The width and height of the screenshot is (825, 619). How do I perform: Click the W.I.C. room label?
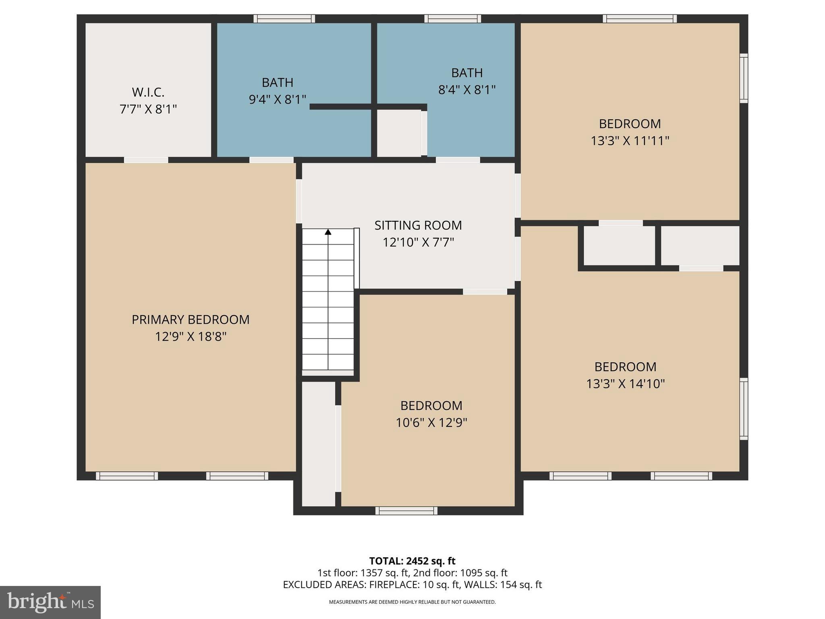click(x=148, y=92)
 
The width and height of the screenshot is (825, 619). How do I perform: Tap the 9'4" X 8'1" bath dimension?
click(x=278, y=100)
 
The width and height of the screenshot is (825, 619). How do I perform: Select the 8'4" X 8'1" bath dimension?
click(x=467, y=89)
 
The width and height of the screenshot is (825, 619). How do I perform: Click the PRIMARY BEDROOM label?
click(x=191, y=320)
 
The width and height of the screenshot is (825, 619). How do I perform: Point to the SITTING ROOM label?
click(x=418, y=225)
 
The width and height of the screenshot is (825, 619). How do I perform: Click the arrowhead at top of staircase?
click(x=328, y=232)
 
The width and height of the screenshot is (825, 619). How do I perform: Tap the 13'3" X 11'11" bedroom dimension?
click(x=630, y=141)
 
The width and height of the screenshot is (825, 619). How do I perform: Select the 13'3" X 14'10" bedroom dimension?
click(x=625, y=384)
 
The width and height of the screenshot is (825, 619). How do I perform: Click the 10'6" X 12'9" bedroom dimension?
click(x=431, y=423)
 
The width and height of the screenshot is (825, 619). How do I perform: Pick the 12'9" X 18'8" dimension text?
click(x=191, y=337)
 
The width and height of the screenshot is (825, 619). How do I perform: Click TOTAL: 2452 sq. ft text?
click(x=412, y=561)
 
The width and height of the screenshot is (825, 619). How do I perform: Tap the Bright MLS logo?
click(x=50, y=602)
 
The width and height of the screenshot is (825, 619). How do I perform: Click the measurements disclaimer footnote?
click(x=412, y=602)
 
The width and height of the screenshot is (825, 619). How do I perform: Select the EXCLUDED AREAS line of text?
click(x=412, y=585)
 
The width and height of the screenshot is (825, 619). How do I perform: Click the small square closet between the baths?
click(x=399, y=133)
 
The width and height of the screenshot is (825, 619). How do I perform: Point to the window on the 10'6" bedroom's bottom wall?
click(x=406, y=511)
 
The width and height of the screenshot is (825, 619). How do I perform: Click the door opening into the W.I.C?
click(x=146, y=160)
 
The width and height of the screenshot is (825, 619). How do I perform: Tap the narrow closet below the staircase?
click(x=318, y=443)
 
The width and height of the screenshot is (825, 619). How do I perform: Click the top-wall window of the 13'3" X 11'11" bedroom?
click(x=640, y=19)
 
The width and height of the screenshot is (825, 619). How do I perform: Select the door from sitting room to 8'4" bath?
click(x=458, y=160)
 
